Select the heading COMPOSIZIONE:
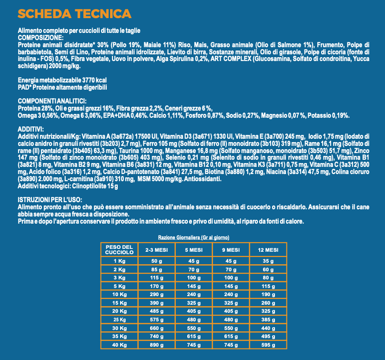[x=40, y=37]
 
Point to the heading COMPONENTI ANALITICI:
[x=51, y=101]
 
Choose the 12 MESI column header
[x=268, y=250]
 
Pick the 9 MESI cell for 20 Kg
[x=231, y=311]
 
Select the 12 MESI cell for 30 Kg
[x=268, y=329]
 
